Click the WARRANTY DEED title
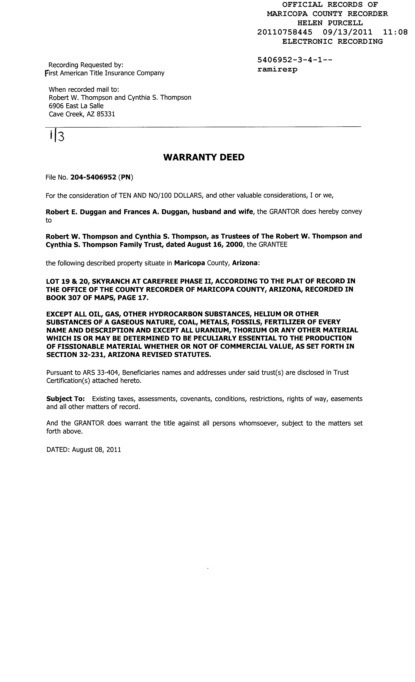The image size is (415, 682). point(204,157)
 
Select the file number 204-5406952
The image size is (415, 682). point(93,177)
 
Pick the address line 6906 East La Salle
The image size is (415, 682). point(76,106)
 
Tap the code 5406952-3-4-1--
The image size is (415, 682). point(295,60)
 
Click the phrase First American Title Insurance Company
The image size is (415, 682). point(105,73)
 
